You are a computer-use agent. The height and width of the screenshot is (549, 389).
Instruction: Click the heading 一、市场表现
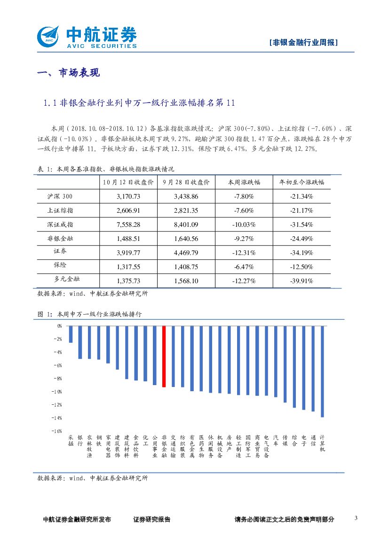[x=68, y=73]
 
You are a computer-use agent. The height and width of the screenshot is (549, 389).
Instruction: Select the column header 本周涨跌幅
[x=244, y=182]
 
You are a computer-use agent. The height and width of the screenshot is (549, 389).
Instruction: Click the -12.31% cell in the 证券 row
[x=244, y=253]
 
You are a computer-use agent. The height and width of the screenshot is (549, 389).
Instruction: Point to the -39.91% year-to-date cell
[x=302, y=281]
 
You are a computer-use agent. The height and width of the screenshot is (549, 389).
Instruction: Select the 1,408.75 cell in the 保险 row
[x=186, y=267]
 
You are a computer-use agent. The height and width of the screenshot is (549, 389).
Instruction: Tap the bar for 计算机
[x=322, y=371]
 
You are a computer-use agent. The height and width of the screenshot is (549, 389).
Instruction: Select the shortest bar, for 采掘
[x=71, y=334]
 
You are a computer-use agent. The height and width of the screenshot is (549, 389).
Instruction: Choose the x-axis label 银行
[x=80, y=440]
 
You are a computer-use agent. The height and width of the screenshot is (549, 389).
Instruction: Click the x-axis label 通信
[x=313, y=440]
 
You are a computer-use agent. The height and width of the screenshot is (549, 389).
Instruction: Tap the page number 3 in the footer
[x=356, y=518]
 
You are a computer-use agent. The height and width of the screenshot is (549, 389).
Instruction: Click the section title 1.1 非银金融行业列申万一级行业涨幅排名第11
[x=138, y=103]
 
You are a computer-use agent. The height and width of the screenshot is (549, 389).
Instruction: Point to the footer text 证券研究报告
[x=152, y=519]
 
